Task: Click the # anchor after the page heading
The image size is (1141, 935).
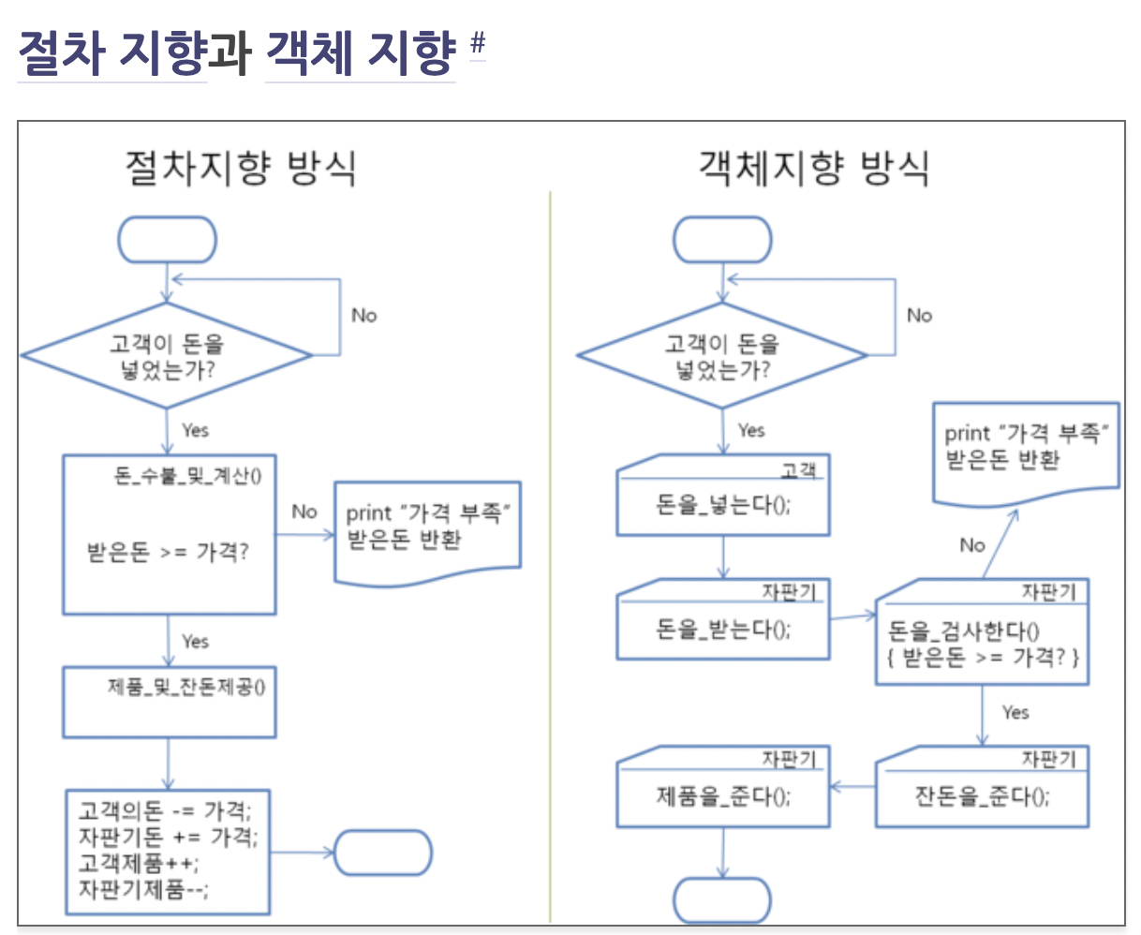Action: [x=478, y=43]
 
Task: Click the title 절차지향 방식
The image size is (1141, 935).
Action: [x=241, y=169]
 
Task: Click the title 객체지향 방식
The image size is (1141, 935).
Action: [x=813, y=169]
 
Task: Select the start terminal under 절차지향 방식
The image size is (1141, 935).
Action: [x=167, y=240]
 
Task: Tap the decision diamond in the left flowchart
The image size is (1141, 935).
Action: [x=167, y=356]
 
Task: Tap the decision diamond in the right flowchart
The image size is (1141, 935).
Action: [x=722, y=356]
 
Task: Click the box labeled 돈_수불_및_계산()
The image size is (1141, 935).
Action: [x=170, y=534]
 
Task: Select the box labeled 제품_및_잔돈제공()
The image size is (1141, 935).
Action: [x=170, y=702]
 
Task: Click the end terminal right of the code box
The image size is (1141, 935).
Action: [x=382, y=853]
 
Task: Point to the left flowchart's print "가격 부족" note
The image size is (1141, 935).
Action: [x=427, y=530]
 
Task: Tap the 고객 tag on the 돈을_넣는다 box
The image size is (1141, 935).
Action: [x=799, y=468]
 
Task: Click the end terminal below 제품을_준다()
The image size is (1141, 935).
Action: [x=722, y=900]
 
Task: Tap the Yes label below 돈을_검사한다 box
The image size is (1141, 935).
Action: [x=1015, y=713]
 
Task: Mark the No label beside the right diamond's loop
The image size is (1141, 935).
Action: [x=920, y=316]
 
